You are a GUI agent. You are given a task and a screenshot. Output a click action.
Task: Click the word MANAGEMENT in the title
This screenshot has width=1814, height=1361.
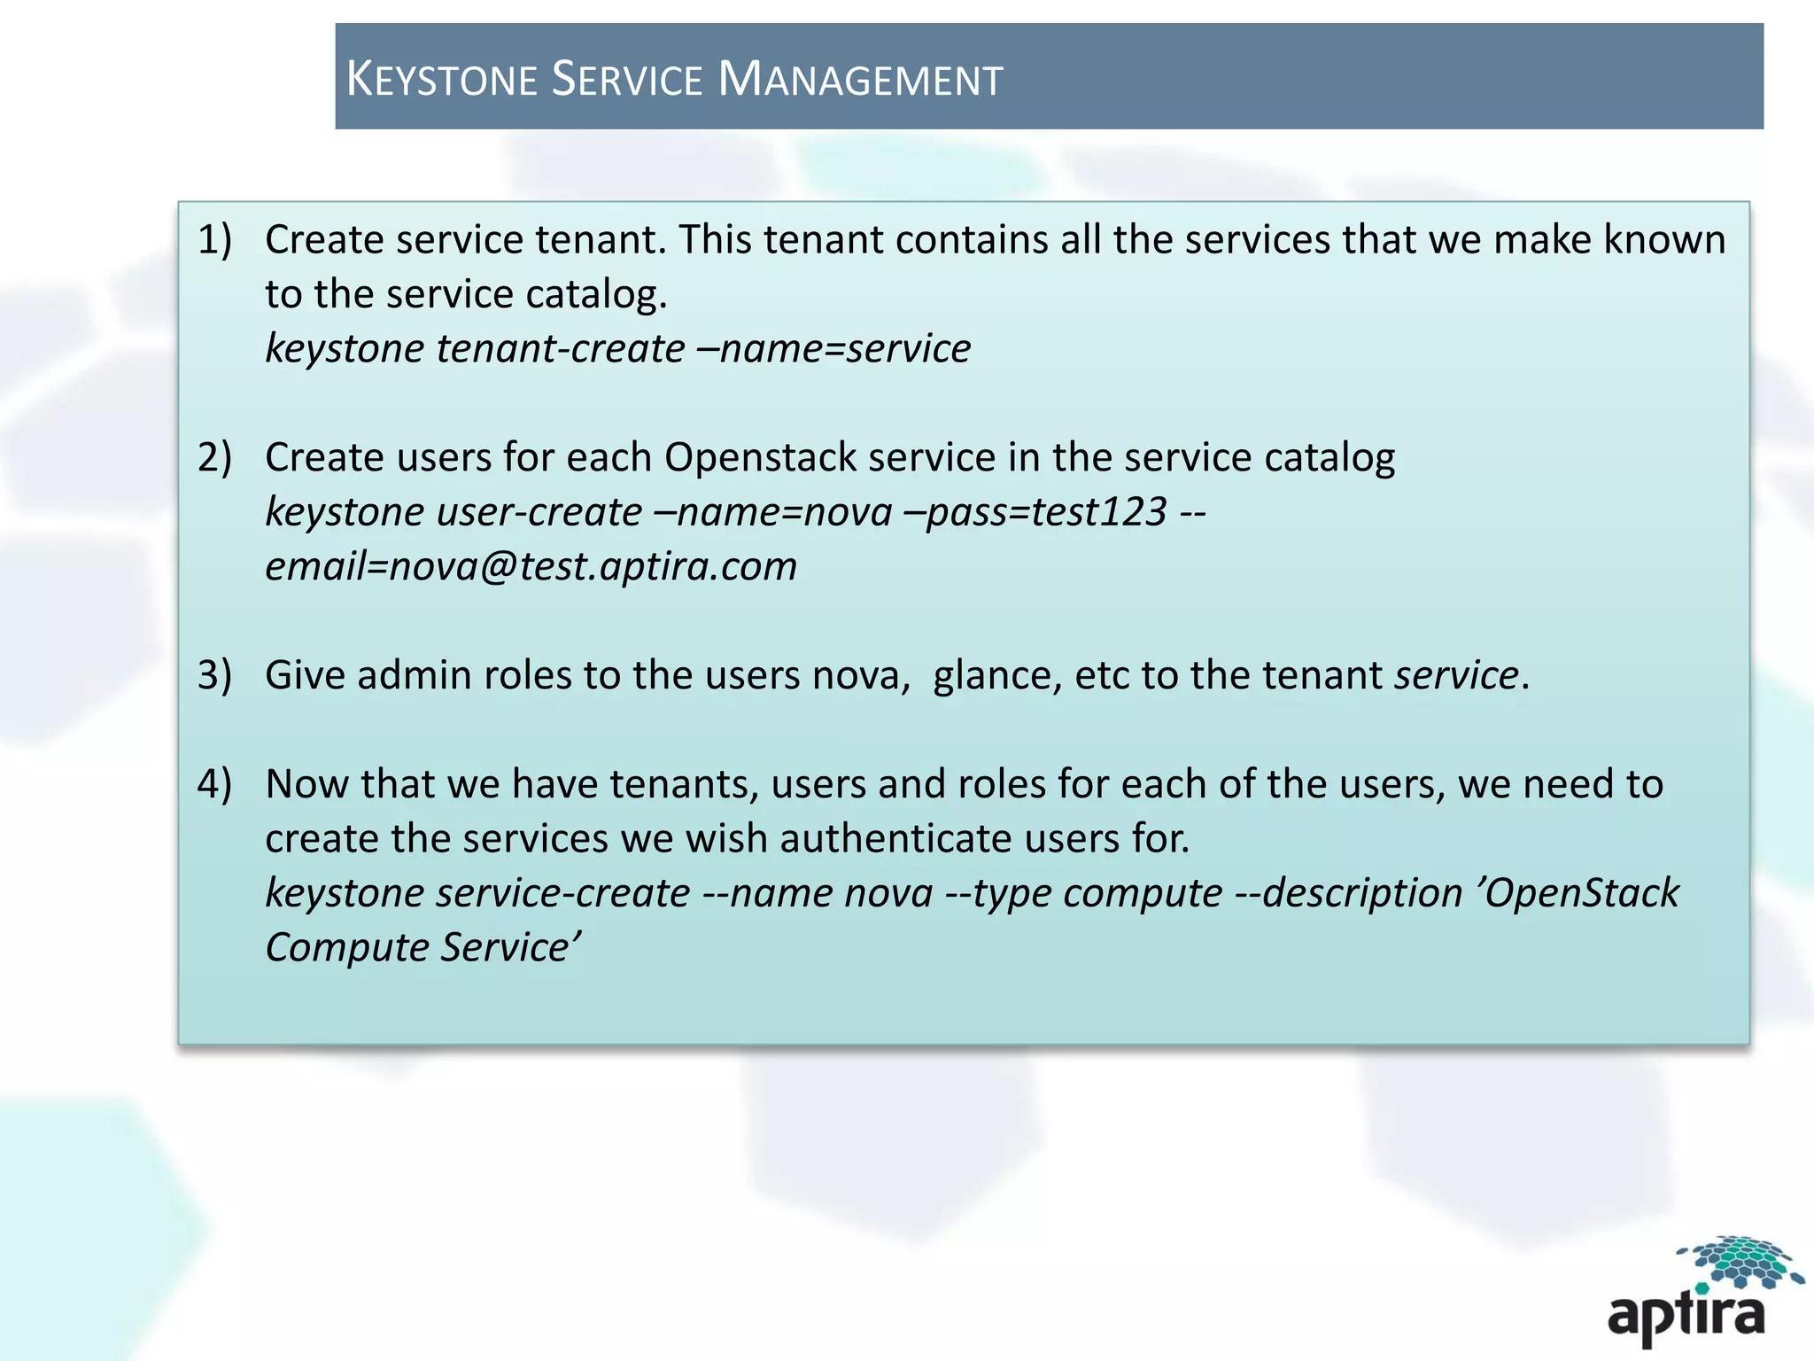pyautogui.click(x=860, y=79)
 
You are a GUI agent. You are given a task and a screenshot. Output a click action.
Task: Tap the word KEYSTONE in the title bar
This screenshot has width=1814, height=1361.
pyautogui.click(x=441, y=79)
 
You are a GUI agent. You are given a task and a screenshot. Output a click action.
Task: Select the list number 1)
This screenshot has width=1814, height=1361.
pyautogui.click(x=214, y=240)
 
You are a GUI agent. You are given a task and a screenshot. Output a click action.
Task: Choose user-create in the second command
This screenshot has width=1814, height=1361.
pyautogui.click(x=539, y=512)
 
